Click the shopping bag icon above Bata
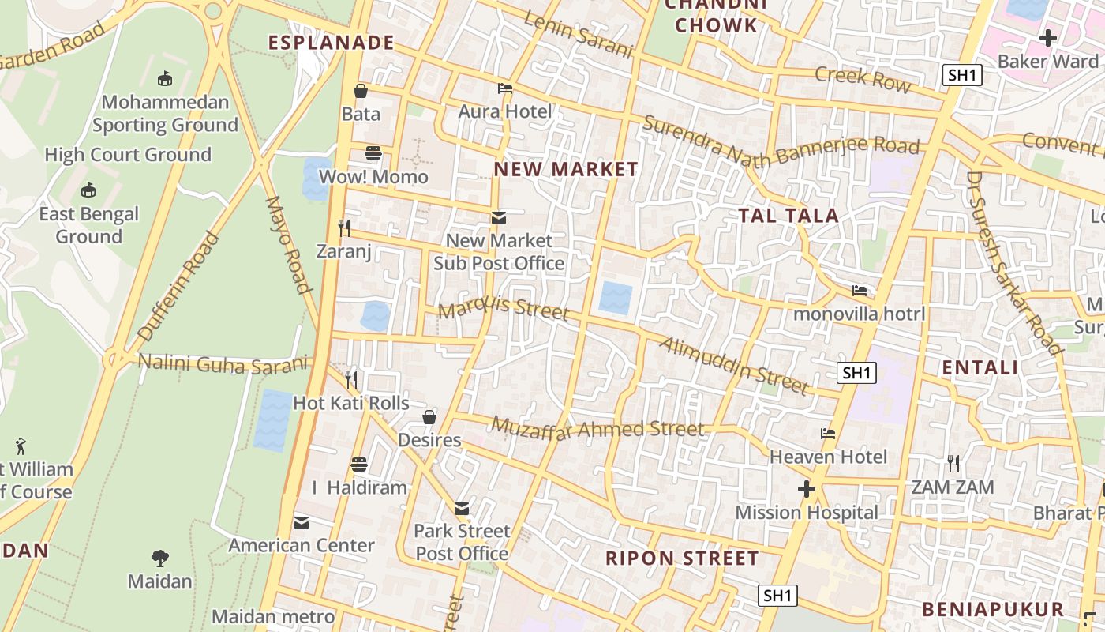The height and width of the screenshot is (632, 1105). click(361, 91)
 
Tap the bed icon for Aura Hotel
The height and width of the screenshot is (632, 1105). click(505, 88)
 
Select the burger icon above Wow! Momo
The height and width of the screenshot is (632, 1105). click(373, 153)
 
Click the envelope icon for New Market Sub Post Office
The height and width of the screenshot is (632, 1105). click(498, 217)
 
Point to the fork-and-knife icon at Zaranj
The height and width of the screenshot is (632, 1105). click(344, 228)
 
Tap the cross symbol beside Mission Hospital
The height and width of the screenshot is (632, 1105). click(806, 490)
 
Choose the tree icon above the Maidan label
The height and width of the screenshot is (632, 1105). click(160, 559)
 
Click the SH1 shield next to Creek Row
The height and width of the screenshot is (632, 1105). click(962, 75)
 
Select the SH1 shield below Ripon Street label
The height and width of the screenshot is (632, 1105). click(777, 596)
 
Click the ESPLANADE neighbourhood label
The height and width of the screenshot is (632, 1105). click(331, 43)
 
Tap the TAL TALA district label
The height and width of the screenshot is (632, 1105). click(788, 215)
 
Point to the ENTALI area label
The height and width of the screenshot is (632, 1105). click(980, 367)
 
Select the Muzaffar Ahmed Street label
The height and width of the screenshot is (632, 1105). click(597, 428)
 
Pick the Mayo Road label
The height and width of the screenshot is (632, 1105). click(288, 245)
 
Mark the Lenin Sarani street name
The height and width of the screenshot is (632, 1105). click(578, 36)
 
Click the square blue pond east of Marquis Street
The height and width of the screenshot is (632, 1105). click(616, 299)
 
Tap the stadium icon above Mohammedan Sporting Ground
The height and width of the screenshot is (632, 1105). click(165, 78)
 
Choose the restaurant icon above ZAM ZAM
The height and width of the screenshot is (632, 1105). click(953, 464)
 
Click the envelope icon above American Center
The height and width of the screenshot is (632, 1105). click(302, 522)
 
